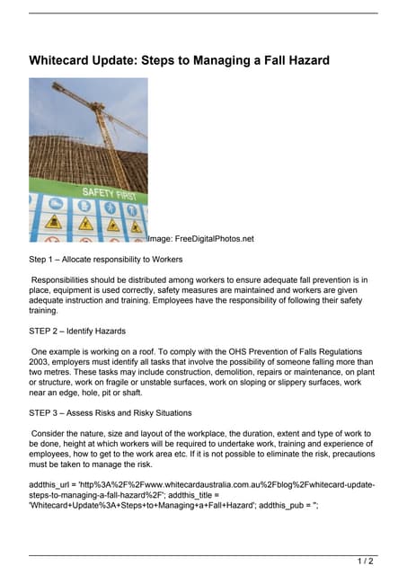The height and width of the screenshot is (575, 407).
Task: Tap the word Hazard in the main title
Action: [x=303, y=60]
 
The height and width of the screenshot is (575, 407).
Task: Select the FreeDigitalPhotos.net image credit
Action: [x=201, y=239]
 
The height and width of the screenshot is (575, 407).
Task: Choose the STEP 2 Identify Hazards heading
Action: [x=77, y=332]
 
